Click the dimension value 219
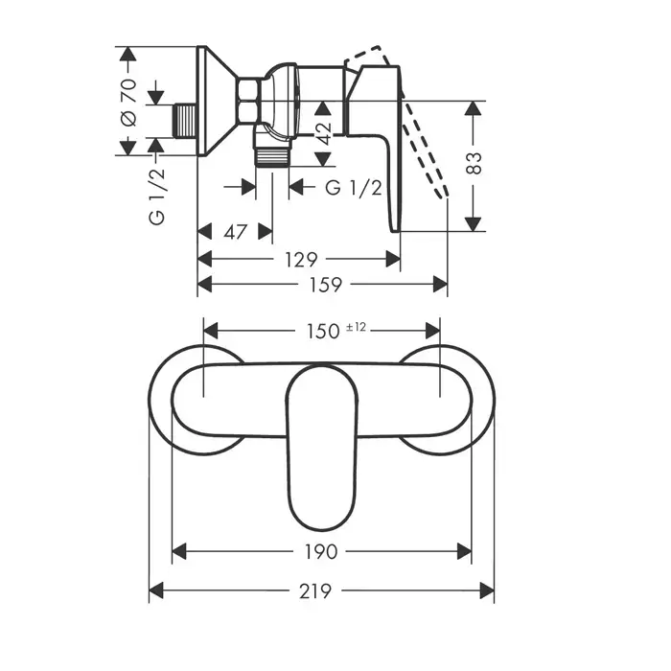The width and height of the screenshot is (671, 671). click(x=315, y=591)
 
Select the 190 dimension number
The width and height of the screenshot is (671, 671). click(x=321, y=551)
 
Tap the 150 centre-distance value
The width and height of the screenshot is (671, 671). click(x=323, y=332)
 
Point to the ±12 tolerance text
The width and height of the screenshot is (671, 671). click(x=356, y=328)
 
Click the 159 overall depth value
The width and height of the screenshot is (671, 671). click(x=326, y=285)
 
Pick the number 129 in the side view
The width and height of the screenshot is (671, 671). click(x=301, y=260)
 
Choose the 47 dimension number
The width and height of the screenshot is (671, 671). click(x=236, y=232)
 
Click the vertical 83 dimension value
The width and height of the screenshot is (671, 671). click(x=474, y=163)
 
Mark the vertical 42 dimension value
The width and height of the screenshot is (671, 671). click(x=324, y=133)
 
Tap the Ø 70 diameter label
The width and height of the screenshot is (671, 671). click(x=128, y=103)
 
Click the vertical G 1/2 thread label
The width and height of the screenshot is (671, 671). click(x=156, y=196)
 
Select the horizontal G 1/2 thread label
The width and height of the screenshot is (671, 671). click(x=354, y=188)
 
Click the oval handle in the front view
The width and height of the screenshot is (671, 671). click(x=321, y=448)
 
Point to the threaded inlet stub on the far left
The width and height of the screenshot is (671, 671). click(x=186, y=121)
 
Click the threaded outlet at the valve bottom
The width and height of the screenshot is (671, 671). click(x=272, y=156)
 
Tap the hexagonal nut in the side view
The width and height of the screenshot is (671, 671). click(x=247, y=100)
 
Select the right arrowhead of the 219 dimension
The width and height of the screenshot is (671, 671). click(x=487, y=590)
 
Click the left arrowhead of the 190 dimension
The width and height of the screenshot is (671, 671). click(x=179, y=551)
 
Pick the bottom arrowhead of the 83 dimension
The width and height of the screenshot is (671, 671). click(x=473, y=224)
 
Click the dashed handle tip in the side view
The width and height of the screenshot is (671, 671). click(x=443, y=193)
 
